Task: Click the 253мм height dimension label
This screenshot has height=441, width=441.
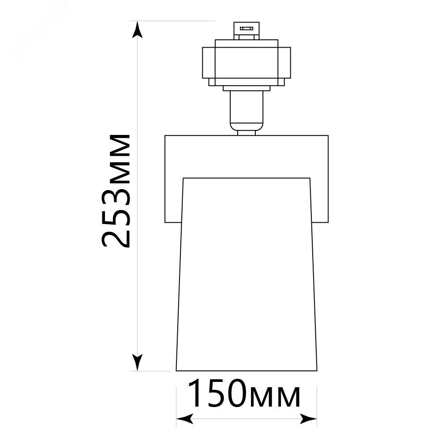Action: click(116, 191)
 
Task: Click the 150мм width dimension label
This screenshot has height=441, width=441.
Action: click(244, 393)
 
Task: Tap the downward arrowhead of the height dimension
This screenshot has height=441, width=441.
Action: click(137, 362)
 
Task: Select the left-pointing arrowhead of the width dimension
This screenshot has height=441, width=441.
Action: click(185, 419)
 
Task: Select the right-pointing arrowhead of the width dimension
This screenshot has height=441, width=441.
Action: click(309, 419)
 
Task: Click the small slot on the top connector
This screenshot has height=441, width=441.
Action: click(247, 28)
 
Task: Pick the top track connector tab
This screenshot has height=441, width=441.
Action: click(247, 31)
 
